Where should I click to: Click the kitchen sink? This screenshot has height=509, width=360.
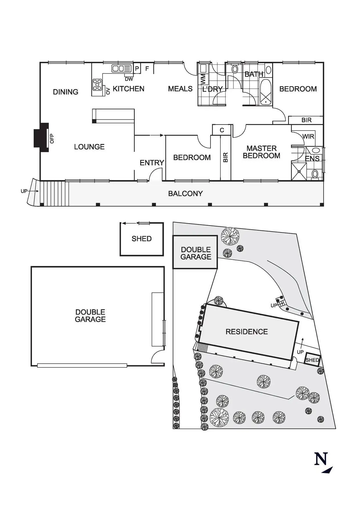pyautogui.click(x=122, y=68)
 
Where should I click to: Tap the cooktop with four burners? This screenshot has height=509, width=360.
pyautogui.click(x=97, y=84)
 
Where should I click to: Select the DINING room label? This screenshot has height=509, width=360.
pyautogui.click(x=66, y=92)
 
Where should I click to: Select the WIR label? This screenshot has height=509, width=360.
pyautogui.click(x=308, y=136)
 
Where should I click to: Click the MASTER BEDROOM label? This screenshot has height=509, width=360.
pyautogui.click(x=261, y=152)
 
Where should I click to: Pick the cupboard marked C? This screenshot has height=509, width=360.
pyautogui.click(x=222, y=130)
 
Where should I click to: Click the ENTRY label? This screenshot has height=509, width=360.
pyautogui.click(x=152, y=163)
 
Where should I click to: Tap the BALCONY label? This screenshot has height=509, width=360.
pyautogui.click(x=186, y=194)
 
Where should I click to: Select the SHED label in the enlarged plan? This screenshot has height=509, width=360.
pyautogui.click(x=142, y=239)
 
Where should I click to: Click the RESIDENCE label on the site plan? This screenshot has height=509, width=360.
pyautogui.click(x=246, y=332)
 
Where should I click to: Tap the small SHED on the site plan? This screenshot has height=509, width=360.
pyautogui.click(x=312, y=360)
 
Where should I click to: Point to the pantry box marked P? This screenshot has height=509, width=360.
pyautogui.click(x=137, y=69)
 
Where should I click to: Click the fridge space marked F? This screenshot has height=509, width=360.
pyautogui.click(x=147, y=69)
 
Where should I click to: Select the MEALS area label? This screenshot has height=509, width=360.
pyautogui.click(x=180, y=89)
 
